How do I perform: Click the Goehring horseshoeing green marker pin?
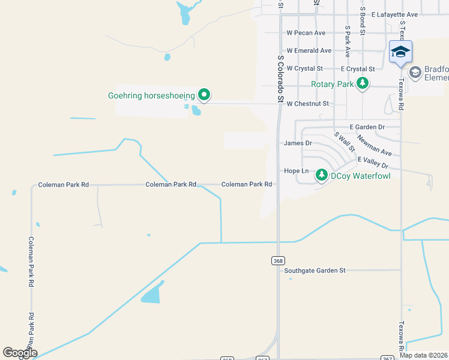tap(204, 95)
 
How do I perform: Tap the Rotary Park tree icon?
tap(362, 83)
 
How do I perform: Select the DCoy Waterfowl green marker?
tap(322, 175)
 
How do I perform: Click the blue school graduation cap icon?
tap(400, 52)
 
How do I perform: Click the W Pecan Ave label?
tap(306, 33)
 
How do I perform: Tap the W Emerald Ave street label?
tap(309, 51)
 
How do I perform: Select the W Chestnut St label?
tap(308, 104)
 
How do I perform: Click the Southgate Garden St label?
tap(315, 271)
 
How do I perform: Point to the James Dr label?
tap(298, 143)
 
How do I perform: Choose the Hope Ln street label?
tap(295, 171)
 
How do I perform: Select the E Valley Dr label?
tap(373, 163)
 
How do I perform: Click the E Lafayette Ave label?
tap(394, 14)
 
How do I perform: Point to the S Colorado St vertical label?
tap(280, 79)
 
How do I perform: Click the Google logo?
tap(20, 353)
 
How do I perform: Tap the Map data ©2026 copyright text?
tap(423, 355)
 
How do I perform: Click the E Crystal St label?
tap(357, 69)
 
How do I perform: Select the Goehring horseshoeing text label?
tap(152, 95)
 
